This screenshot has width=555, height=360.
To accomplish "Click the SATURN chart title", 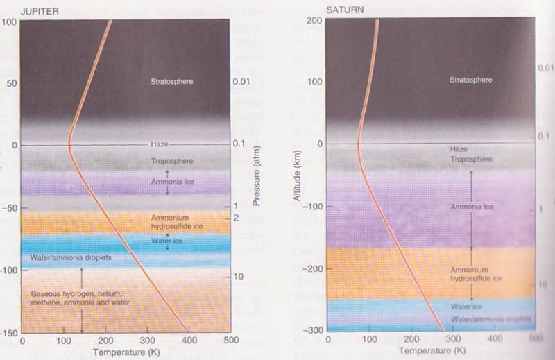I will point(344,9).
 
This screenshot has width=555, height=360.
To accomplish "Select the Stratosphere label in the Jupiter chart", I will point(171,82).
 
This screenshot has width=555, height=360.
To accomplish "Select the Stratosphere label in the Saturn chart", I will point(471,80).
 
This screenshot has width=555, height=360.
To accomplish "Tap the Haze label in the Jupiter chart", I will point(160,144).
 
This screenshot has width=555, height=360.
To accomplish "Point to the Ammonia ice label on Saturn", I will point(472,207).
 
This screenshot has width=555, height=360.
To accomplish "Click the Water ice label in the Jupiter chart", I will point(166,241).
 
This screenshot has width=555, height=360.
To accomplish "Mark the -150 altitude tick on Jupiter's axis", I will point(9,333).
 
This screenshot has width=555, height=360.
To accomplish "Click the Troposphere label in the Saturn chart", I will point(471,160).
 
